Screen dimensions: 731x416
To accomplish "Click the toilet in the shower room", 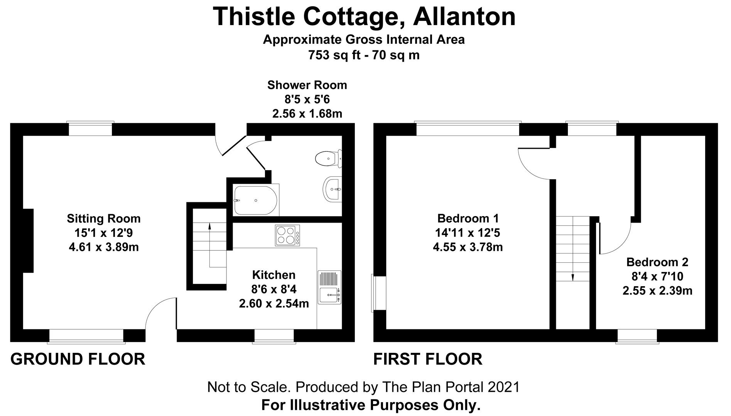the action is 329,158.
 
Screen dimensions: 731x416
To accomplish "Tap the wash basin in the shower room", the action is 332,189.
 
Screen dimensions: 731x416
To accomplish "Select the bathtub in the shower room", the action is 255,200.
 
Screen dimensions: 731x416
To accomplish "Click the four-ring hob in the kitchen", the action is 287,235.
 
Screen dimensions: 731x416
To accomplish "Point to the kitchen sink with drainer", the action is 329,287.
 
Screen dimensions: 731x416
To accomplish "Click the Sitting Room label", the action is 104,219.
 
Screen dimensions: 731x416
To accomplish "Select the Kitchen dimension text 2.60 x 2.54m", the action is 274,304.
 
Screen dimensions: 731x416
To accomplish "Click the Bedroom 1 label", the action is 468,218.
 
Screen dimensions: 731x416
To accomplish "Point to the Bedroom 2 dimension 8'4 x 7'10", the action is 657,276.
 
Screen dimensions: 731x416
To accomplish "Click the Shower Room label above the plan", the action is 307,85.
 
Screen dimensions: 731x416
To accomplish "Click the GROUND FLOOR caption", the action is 78,359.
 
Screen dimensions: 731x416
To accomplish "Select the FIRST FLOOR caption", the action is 428,359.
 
